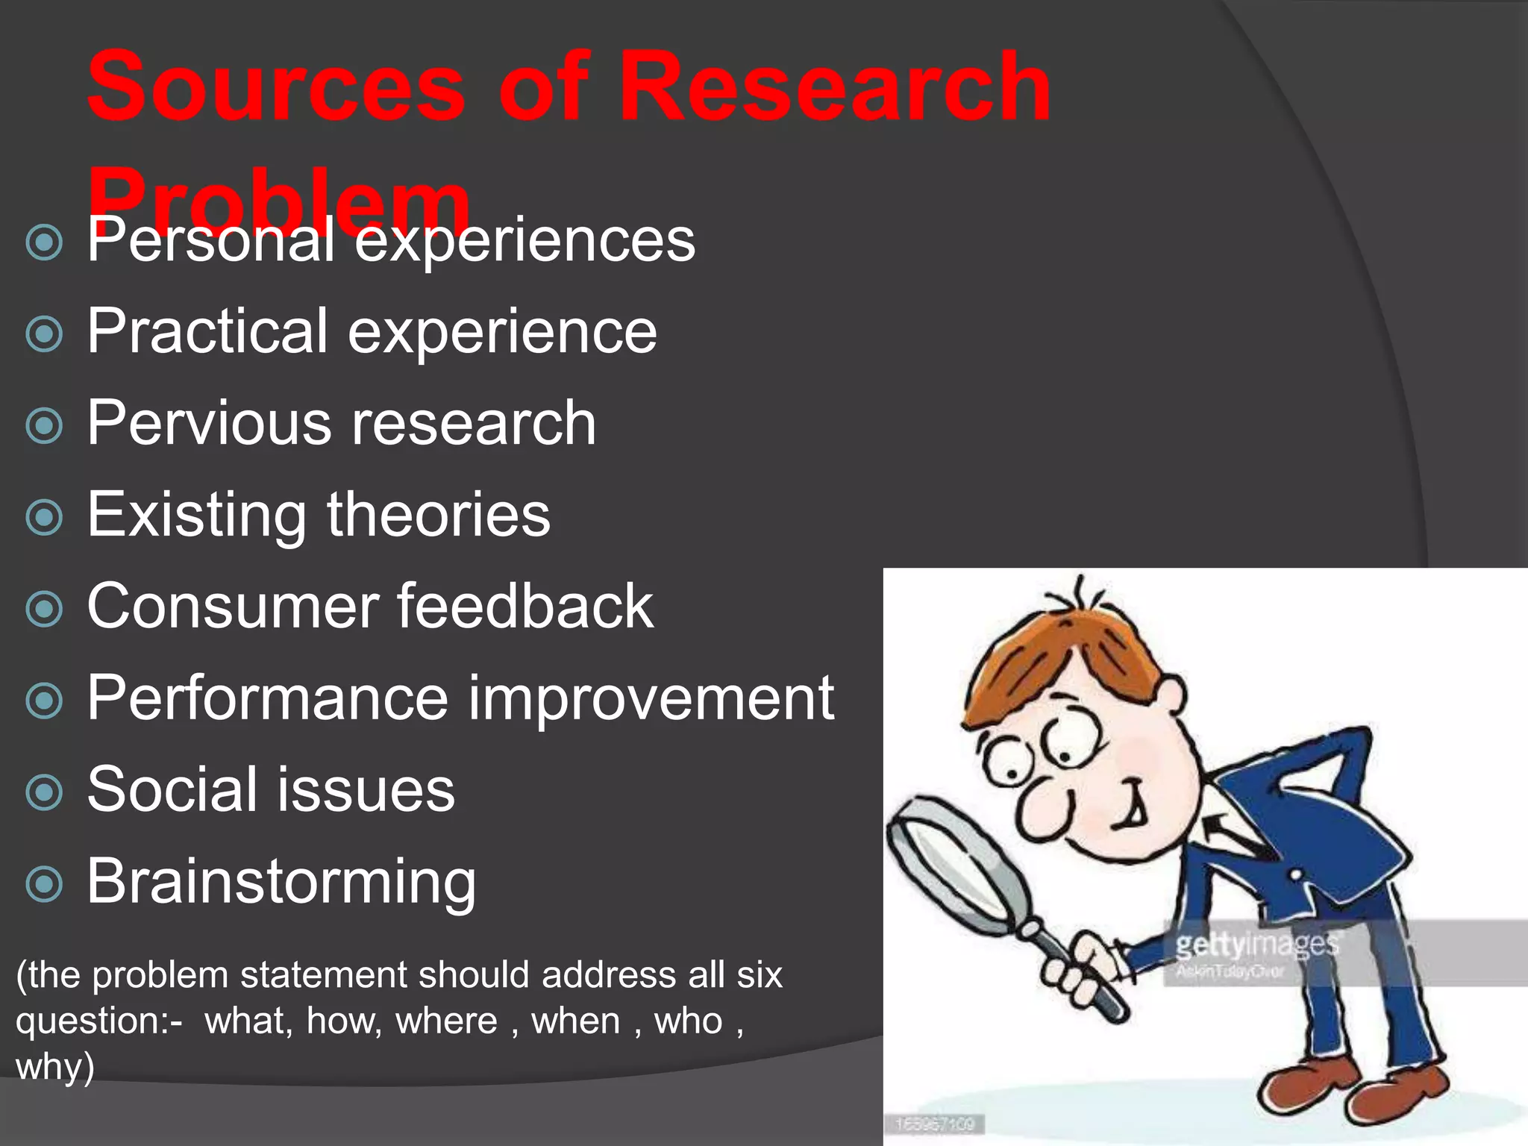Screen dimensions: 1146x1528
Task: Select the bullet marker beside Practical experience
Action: pyautogui.click(x=44, y=334)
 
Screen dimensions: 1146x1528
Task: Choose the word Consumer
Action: pyautogui.click(x=231, y=607)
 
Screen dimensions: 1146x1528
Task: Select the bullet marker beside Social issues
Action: pyautogui.click(x=44, y=792)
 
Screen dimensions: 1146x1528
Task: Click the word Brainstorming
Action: pyautogui.click(x=281, y=882)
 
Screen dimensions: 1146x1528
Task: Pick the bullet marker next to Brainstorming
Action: pyautogui.click(x=44, y=885)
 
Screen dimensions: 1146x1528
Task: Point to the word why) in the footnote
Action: pyautogui.click(x=54, y=1067)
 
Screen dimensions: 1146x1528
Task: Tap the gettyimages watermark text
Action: pyautogui.click(x=1256, y=945)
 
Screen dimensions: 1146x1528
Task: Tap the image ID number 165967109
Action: pyautogui.click(x=935, y=1124)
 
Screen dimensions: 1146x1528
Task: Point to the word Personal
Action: pyautogui.click(x=210, y=240)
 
